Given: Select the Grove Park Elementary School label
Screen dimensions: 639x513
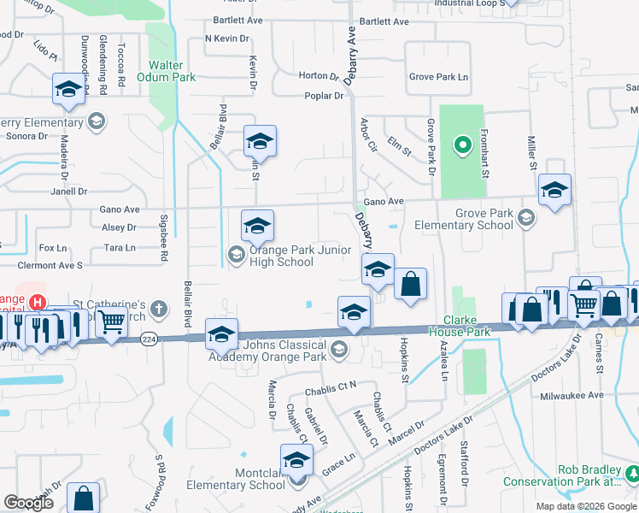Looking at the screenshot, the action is [464, 220].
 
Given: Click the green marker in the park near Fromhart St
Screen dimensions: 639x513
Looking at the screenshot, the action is [462, 145].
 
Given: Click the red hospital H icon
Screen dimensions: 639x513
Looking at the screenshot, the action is [38, 302].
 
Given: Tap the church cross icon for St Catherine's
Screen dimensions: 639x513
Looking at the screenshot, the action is [158, 308].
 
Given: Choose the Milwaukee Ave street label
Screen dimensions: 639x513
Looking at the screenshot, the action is [572, 396].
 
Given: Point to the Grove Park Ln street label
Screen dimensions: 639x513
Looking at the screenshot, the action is [439, 77].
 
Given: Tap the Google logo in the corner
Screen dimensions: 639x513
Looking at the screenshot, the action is [30, 503].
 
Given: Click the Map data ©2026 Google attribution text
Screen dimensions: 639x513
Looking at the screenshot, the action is [585, 506].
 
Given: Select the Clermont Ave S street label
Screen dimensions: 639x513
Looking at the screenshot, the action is [50, 265].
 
